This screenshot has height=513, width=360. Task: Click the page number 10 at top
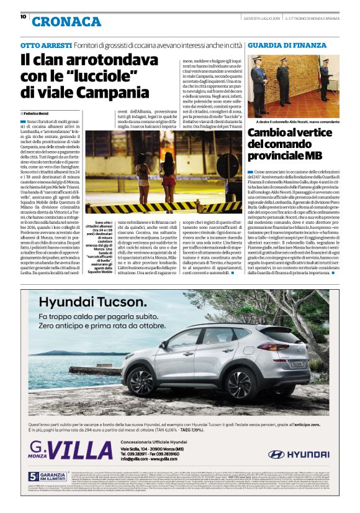[23, 17]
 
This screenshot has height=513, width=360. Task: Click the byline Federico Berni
[38, 114]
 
